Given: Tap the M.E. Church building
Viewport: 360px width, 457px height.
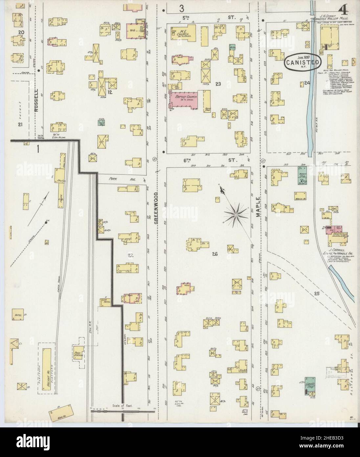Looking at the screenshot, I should [184, 33].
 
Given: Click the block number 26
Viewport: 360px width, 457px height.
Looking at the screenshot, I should [215, 254].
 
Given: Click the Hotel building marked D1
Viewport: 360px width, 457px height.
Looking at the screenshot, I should [19, 315].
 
